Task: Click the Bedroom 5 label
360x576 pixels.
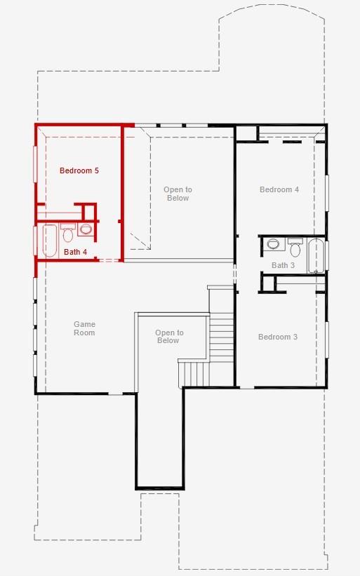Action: pyautogui.click(x=79, y=170)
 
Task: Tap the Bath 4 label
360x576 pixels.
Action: pyautogui.click(x=75, y=252)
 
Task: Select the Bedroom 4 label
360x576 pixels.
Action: pyautogui.click(x=279, y=189)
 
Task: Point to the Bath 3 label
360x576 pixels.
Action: pyautogui.click(x=283, y=265)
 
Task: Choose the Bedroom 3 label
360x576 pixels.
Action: pyautogui.click(x=277, y=337)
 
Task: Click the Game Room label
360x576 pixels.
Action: pyautogui.click(x=84, y=328)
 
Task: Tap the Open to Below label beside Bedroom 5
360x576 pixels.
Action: pyautogui.click(x=178, y=194)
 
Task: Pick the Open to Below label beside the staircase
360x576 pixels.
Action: pyautogui.click(x=168, y=337)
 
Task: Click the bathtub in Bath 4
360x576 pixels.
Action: pyautogui.click(x=50, y=241)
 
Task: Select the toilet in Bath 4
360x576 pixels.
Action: pyautogui.click(x=68, y=233)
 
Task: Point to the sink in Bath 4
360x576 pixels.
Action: pyautogui.click(x=86, y=229)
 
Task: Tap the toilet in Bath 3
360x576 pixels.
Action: pyautogui.click(x=295, y=248)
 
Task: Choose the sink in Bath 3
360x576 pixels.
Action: pyautogui.click(x=273, y=244)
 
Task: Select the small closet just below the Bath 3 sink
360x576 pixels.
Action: pyautogui.click(x=267, y=283)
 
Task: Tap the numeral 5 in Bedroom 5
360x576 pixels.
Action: pyautogui.click(x=96, y=170)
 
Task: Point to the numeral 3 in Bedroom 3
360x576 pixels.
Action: pyautogui.click(x=295, y=337)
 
